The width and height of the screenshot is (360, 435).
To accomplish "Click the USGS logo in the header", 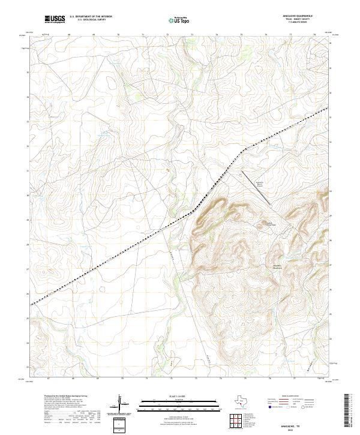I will point(55,19).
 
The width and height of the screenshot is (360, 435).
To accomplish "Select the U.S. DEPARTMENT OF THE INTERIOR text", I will point(91,17).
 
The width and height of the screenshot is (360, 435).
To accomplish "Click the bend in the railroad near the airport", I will point(242,150).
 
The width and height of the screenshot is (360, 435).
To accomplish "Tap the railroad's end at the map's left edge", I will point(32,304).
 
